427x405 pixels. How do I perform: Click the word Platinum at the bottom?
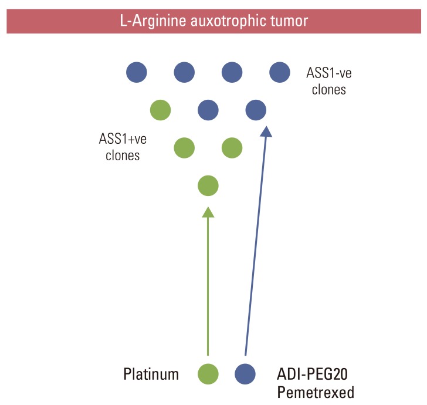pyautogui.click(x=151, y=373)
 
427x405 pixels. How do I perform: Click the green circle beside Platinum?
pyautogui.click(x=208, y=373)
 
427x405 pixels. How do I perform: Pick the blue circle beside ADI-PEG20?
pyautogui.click(x=244, y=373)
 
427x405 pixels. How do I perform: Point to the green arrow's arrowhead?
pyautogui.click(x=207, y=211)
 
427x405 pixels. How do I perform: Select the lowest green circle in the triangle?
pyautogui.click(x=208, y=186)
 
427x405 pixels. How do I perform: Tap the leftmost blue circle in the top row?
pyautogui.click(x=137, y=73)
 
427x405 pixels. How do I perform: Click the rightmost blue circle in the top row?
pyautogui.click(x=279, y=73)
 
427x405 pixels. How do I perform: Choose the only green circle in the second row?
pyautogui.click(x=160, y=110)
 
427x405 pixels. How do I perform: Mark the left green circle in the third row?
pyautogui.click(x=184, y=148)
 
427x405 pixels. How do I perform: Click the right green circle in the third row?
pyautogui.click(x=232, y=148)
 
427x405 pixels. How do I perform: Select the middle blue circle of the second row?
pyautogui.click(x=208, y=110)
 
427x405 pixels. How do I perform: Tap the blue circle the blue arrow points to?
pyautogui.click(x=256, y=110)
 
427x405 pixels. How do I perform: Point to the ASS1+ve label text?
pyautogui.click(x=124, y=140)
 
